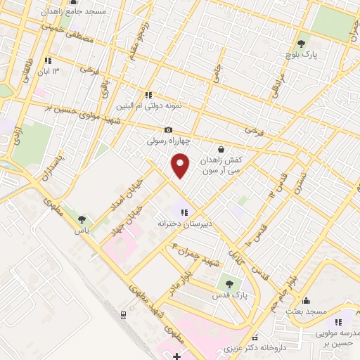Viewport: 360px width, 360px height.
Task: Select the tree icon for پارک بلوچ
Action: (x=302, y=42)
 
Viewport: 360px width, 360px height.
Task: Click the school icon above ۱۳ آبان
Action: (x=48, y=60)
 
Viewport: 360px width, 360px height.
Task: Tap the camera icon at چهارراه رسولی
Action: (x=168, y=129)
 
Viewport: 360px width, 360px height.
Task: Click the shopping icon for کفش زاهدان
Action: (x=221, y=149)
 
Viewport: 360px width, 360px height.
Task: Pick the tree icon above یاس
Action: (x=83, y=219)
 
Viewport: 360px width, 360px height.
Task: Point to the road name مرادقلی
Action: (x=274, y=81)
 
